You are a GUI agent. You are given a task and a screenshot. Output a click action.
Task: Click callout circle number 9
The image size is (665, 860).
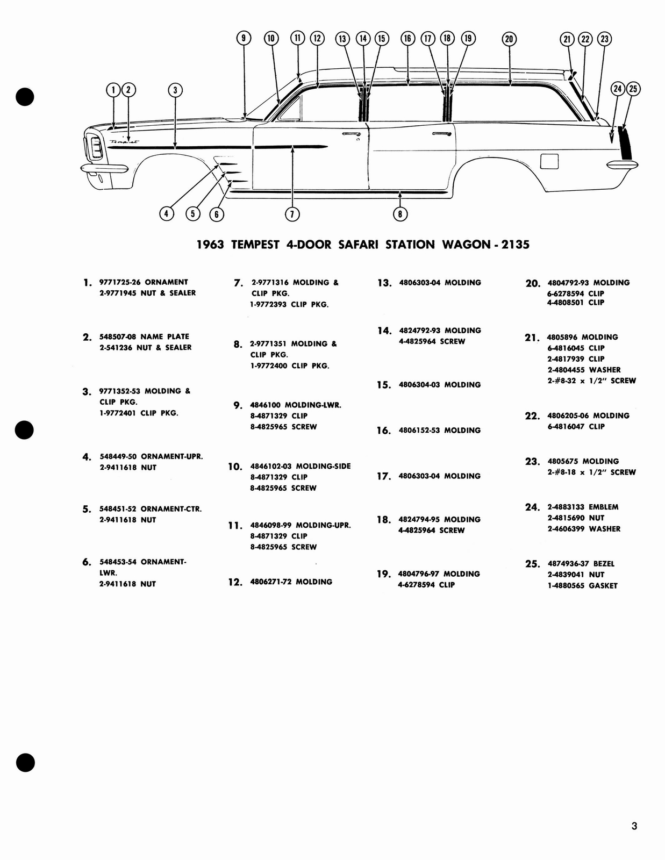pyautogui.click(x=244, y=38)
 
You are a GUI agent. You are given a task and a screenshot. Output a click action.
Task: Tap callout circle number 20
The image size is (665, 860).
pyautogui.click(x=509, y=39)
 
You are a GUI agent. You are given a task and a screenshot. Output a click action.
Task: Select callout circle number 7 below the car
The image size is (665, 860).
pyautogui.click(x=291, y=214)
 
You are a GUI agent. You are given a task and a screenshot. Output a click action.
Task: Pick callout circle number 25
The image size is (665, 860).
pyautogui.click(x=633, y=89)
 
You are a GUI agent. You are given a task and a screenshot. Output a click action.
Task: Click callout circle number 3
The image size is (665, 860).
pyautogui.click(x=175, y=90)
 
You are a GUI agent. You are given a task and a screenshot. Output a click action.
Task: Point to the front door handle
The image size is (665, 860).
pyautogui.click(x=351, y=133)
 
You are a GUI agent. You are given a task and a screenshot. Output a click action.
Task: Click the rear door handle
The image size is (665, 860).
pyautogui.click(x=441, y=133)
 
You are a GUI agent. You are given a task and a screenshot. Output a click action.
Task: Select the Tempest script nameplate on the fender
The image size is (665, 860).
pyautogui.click(x=124, y=143)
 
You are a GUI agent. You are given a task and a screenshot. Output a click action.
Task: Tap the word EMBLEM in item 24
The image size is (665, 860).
pyautogui.click(x=603, y=507)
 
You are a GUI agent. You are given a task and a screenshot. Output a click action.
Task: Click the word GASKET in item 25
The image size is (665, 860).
pyautogui.click(x=603, y=586)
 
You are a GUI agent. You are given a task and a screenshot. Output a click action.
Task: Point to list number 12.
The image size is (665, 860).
pyautogui.click(x=235, y=582)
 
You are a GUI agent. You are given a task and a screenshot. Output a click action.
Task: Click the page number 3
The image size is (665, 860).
pyautogui.click(x=634, y=826)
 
